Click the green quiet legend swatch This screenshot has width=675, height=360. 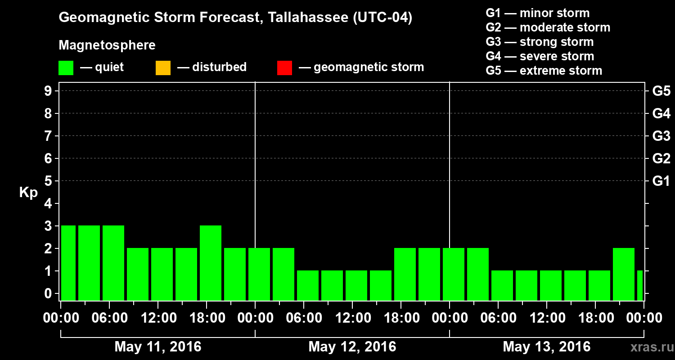tap(66, 68)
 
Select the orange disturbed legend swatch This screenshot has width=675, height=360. tap(163, 68)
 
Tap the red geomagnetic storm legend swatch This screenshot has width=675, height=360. tap(284, 68)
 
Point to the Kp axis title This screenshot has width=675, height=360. tap(28, 193)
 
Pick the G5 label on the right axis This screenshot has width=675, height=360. tap(661, 91)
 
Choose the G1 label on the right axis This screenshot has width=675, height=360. tap(661, 181)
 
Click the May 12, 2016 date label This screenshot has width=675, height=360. tap(352, 347)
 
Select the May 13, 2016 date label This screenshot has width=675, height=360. tap(546, 347)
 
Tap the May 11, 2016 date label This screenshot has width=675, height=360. tap(158, 347)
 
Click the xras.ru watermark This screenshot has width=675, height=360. tap(649, 347)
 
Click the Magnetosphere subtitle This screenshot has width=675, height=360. tap(107, 45)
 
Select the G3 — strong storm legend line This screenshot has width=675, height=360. tap(540, 42)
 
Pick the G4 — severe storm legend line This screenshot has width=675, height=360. tap(540, 56)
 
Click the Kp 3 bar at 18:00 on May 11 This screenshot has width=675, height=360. tap(211, 263)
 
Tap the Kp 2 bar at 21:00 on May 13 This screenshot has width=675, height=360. tap(624, 274)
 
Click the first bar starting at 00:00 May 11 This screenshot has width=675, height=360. tap(68, 263)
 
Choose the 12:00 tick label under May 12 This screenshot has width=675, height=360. tap(352, 318)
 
